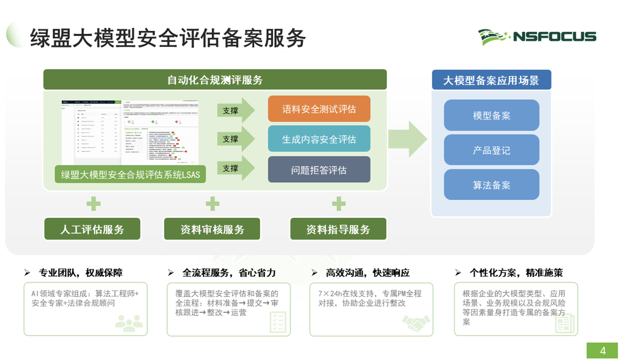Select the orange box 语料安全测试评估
coord(319,109)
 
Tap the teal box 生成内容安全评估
coord(319,139)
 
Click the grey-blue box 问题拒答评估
coord(319,170)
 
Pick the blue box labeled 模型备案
coord(491,115)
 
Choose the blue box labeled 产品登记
coord(491,150)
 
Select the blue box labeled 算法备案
coord(491,185)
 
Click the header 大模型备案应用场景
coord(491,80)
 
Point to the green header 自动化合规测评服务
coord(215,80)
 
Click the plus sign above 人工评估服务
coord(93,203)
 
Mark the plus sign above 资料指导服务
coord(338,203)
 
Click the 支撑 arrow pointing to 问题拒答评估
coord(235,168)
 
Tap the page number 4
coord(603,350)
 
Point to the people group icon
coord(129,322)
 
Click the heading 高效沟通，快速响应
coord(367,273)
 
